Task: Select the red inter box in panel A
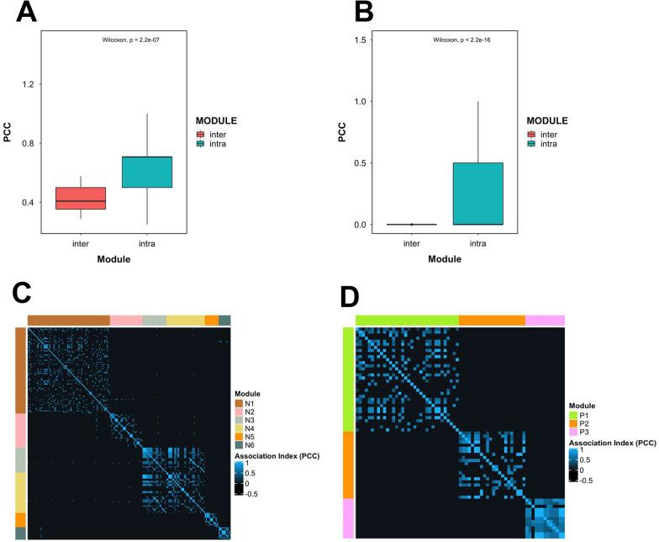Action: pyautogui.click(x=82, y=198)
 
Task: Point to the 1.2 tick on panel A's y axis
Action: pyautogui.click(x=32, y=85)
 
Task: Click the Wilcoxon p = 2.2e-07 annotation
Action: pyautogui.click(x=132, y=40)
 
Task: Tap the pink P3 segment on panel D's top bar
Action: pyautogui.click(x=545, y=321)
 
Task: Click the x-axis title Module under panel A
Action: pyautogui.click(x=113, y=260)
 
